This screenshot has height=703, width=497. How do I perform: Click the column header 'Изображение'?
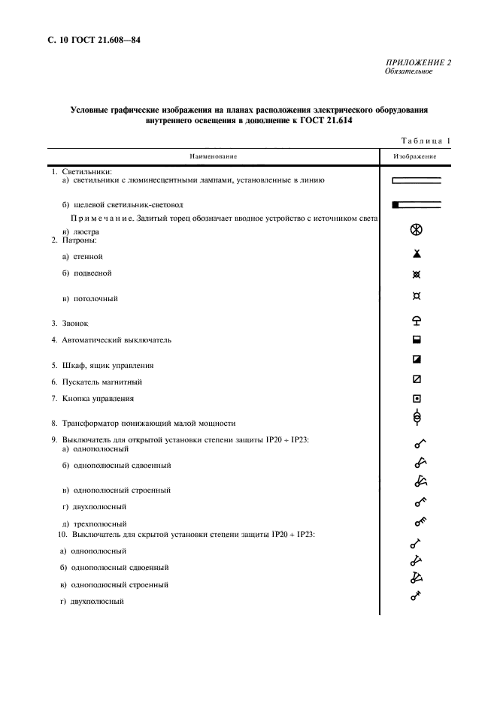[x=416, y=156]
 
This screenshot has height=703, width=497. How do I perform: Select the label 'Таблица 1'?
[x=426, y=140]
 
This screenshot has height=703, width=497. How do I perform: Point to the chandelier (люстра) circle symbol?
[x=417, y=230]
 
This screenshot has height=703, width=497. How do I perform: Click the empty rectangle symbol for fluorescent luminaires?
[x=417, y=180]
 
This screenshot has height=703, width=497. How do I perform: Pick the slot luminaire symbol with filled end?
[x=417, y=204]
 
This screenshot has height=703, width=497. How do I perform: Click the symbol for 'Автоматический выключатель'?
[x=417, y=339]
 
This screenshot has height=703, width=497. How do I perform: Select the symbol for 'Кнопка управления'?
[x=417, y=398]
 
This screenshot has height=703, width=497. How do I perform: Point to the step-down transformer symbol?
[x=417, y=418]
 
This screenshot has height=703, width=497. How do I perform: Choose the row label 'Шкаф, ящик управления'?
[x=102, y=366]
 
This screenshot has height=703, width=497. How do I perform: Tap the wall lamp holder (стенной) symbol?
[x=417, y=255]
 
